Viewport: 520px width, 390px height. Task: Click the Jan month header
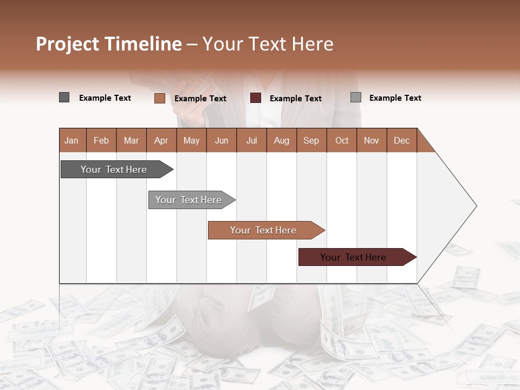pos(71,140)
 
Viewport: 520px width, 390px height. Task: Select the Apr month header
pos(161,140)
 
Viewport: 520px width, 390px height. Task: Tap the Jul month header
pos(251,140)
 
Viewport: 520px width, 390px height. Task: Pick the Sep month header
pos(311,140)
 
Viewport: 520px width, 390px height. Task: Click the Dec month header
pos(401,140)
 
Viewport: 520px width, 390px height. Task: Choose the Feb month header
pos(101,140)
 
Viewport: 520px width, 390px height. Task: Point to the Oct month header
pos(342,140)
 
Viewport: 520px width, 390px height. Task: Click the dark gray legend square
pos(64,97)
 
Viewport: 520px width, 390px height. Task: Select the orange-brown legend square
pos(159,98)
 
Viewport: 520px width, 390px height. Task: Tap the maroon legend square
pos(255,98)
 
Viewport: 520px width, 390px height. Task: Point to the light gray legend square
pos(355,97)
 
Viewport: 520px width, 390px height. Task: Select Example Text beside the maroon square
pos(295,98)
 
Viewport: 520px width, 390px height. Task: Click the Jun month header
pos(221,140)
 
